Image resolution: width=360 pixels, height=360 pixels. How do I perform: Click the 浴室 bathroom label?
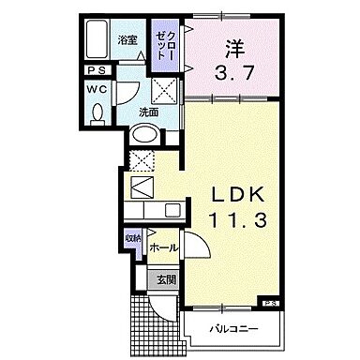(127, 39)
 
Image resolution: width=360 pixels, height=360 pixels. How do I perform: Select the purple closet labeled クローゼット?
(165, 42)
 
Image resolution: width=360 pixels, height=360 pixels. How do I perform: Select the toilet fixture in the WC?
(99, 113)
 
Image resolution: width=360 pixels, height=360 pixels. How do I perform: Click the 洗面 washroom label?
(149, 112)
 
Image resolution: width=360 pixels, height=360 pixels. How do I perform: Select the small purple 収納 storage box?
(132, 240)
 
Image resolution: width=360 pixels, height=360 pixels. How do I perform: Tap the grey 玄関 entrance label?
(163, 277)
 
